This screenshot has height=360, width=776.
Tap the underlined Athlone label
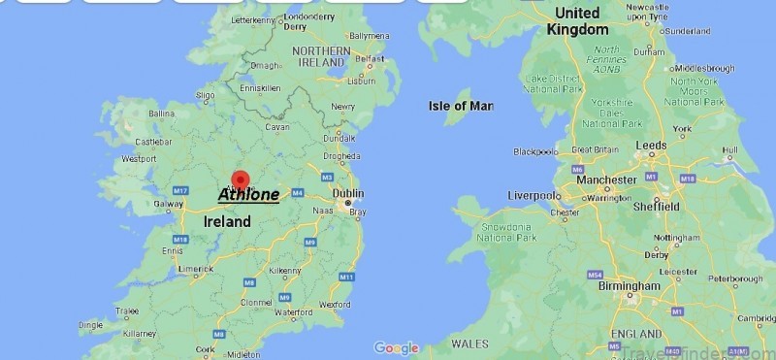click(x=248, y=195)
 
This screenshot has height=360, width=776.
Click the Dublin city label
click(x=348, y=193)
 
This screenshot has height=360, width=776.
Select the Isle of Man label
click(x=461, y=105)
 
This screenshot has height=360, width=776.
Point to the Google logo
click(x=396, y=347)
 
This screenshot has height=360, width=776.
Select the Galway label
click(x=168, y=204)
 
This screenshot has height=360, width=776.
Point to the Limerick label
click(x=195, y=269)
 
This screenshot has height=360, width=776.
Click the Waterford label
click(x=293, y=312)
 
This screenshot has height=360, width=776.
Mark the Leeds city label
click(x=651, y=144)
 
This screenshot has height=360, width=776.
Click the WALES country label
click(x=470, y=344)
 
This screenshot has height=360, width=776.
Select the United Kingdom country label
click(x=577, y=20)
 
